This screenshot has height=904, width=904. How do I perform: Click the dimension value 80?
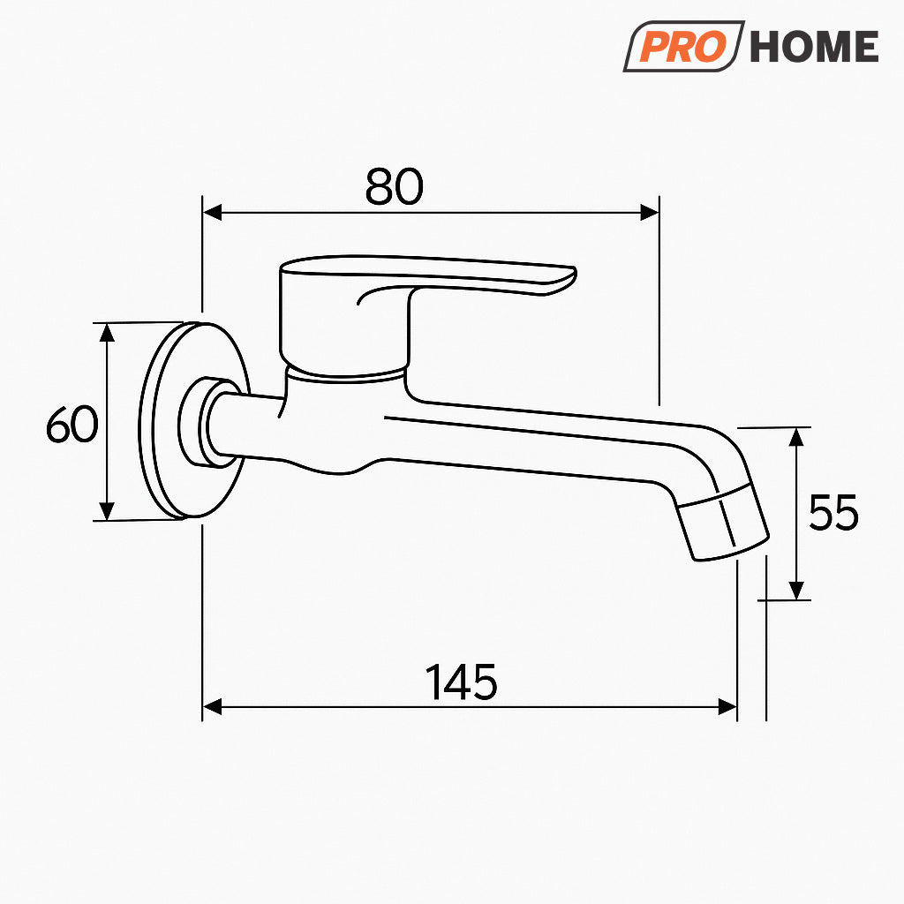pyautogui.click(x=395, y=186)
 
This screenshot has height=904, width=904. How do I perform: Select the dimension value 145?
pyautogui.click(x=462, y=682)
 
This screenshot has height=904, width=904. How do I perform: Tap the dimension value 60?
pyautogui.click(x=72, y=426)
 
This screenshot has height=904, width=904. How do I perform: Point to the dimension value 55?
pyautogui.click(x=833, y=513)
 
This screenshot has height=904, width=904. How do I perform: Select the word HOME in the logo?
pyautogui.click(x=814, y=47)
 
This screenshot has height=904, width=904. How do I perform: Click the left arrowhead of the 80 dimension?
pyautogui.click(x=212, y=212)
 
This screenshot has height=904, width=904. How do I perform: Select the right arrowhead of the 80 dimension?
pyautogui.click(x=649, y=212)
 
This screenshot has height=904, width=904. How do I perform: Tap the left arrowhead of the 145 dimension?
pyautogui.click(x=212, y=706)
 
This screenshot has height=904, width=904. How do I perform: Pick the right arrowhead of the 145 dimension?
pyautogui.click(x=727, y=706)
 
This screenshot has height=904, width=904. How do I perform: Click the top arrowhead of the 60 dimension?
pyautogui.click(x=107, y=332)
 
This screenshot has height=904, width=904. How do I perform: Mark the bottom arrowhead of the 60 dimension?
pyautogui.click(x=107, y=511)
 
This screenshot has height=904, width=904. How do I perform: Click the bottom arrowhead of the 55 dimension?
pyautogui.click(x=797, y=590)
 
